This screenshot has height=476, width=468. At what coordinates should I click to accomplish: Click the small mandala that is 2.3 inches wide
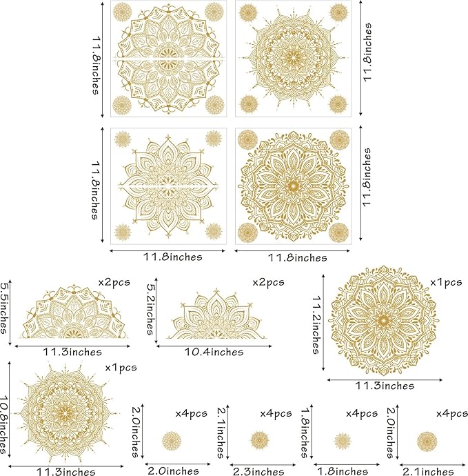tap(259, 439)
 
